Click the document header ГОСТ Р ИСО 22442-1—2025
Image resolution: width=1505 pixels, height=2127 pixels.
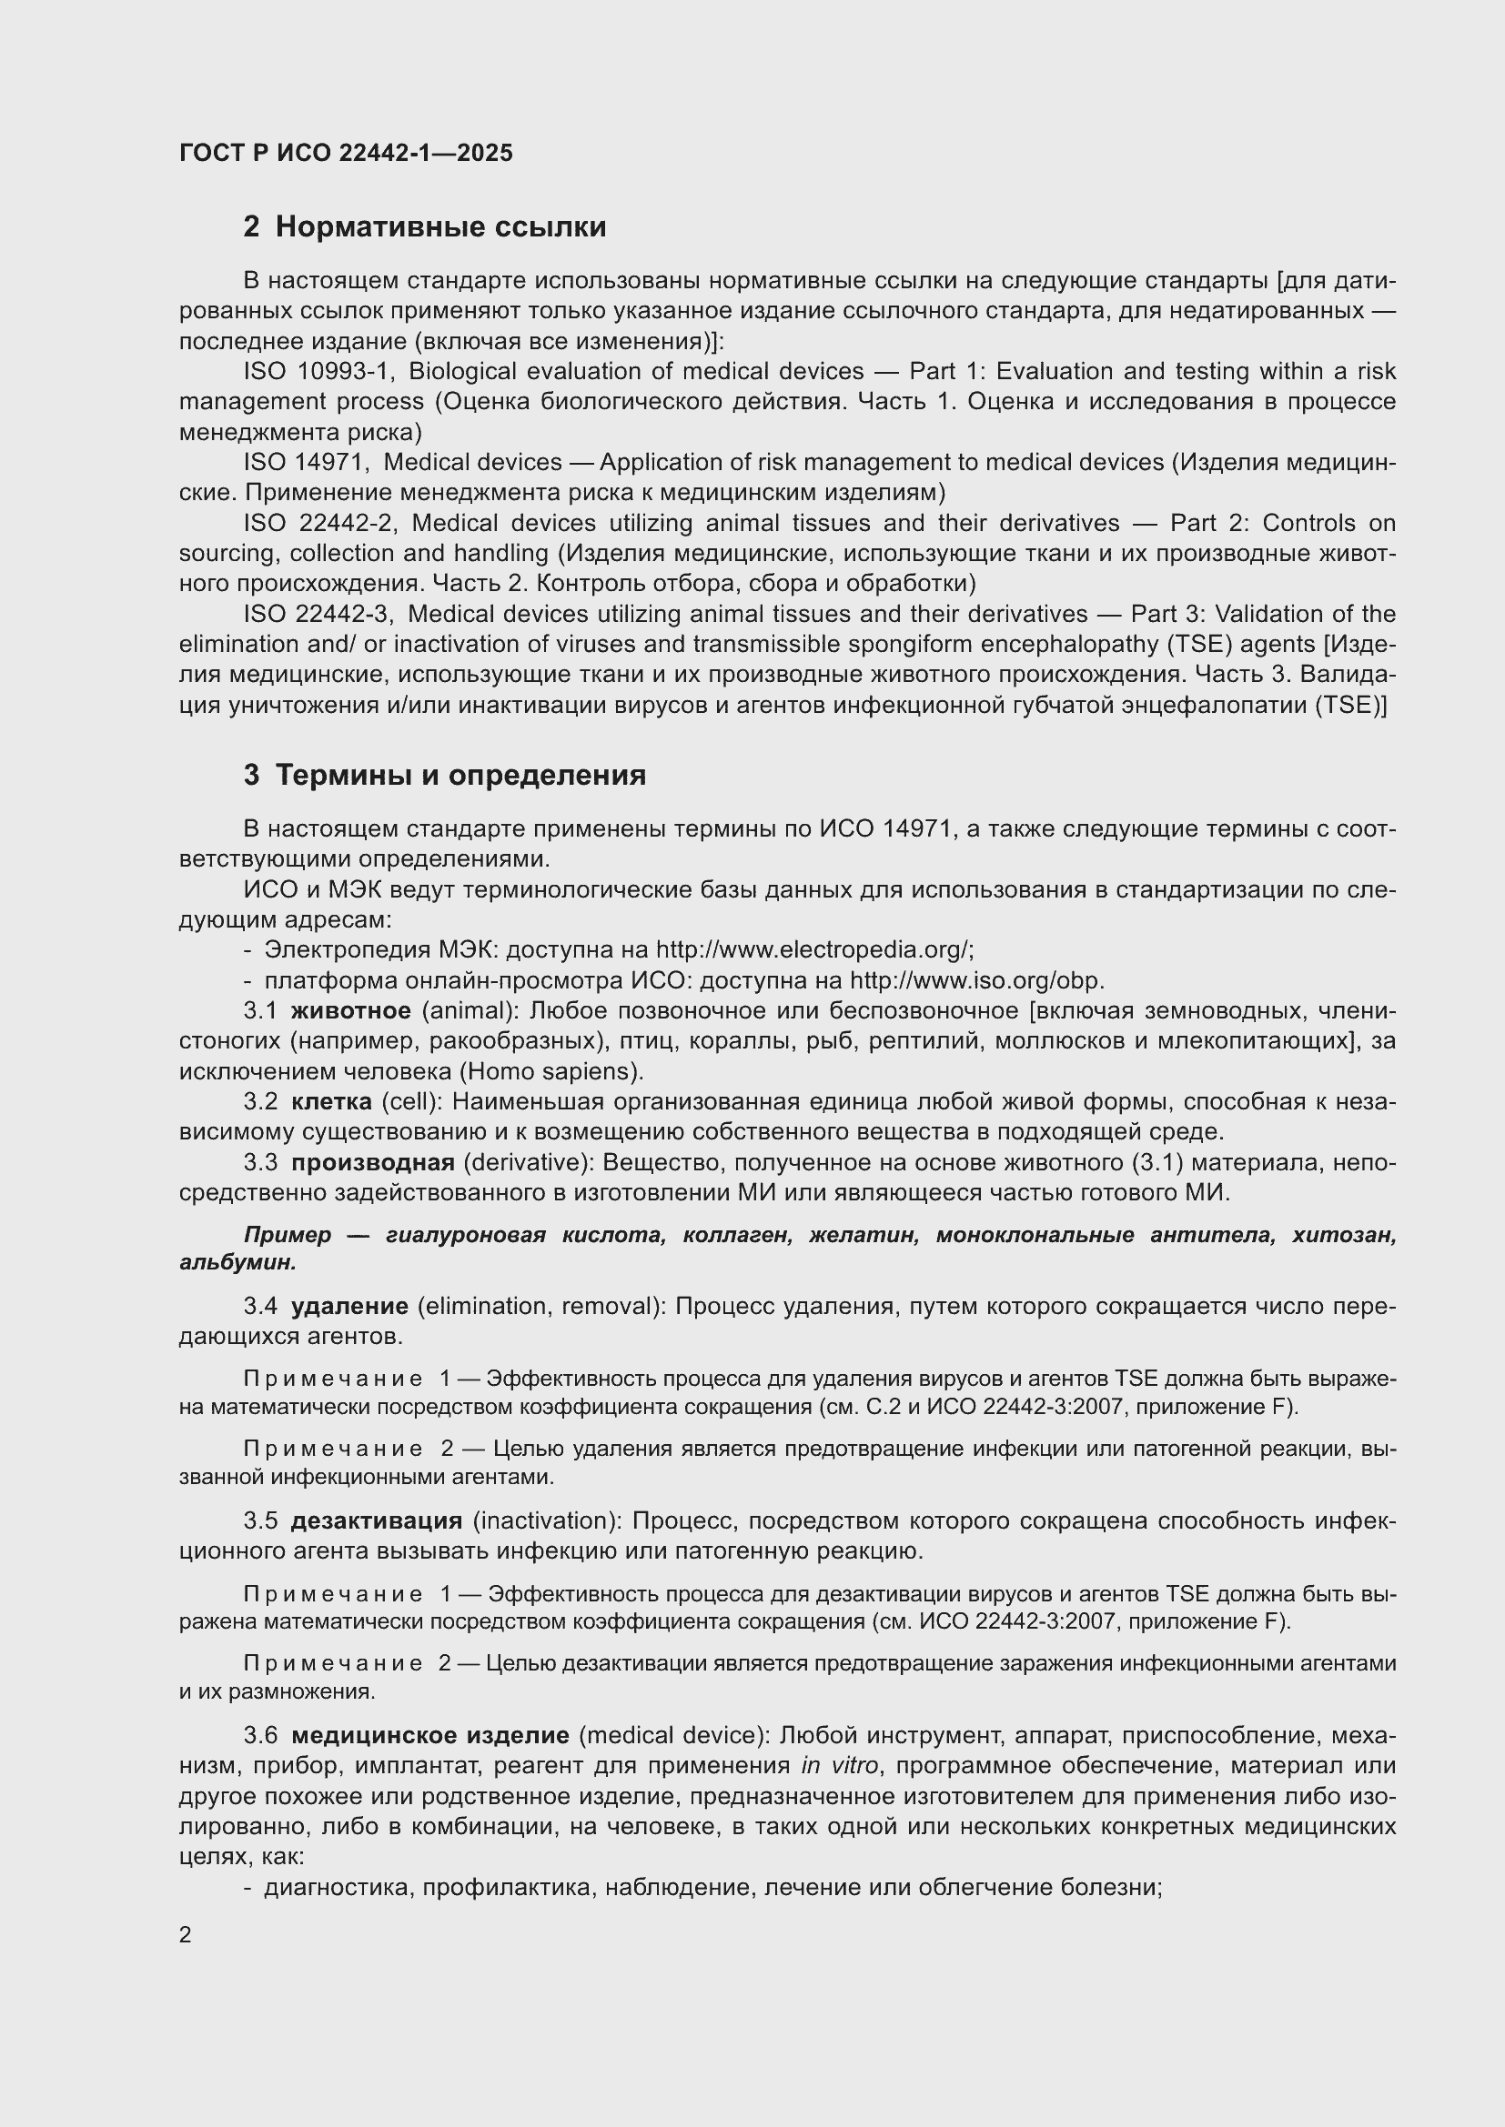point(346,154)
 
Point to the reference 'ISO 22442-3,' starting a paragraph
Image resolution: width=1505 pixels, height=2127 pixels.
point(319,614)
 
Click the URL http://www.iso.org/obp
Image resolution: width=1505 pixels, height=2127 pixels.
point(975,980)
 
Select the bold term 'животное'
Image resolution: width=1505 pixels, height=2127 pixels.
point(350,1010)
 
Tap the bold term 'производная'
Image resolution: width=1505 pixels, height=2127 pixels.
point(372,1163)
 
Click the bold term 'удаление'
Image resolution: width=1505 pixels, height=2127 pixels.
point(349,1306)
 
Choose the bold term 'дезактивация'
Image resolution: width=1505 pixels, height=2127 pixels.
point(377,1521)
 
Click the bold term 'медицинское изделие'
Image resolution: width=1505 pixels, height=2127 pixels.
point(430,1735)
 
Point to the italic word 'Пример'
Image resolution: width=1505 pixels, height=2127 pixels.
point(288,1235)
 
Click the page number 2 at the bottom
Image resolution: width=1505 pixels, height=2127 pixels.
point(186,1934)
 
